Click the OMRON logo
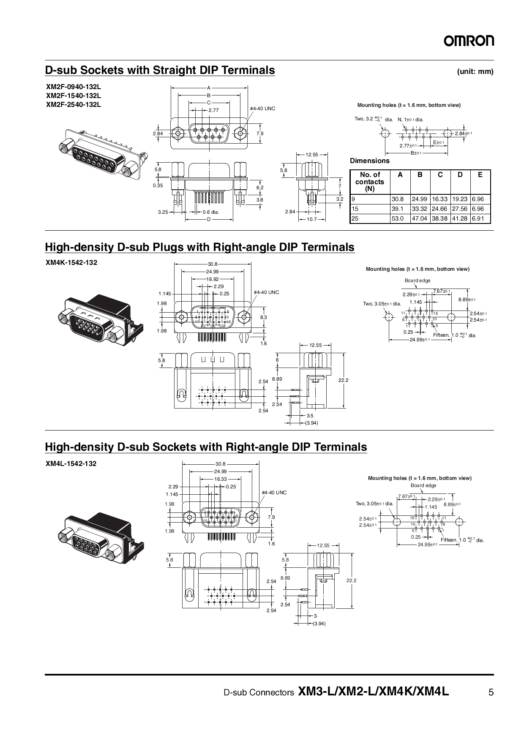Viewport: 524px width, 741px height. pos(469,41)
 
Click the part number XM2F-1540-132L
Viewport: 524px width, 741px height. pos(74,95)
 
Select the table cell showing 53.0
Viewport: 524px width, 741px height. pos(398,219)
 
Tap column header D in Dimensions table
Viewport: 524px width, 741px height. pos(460,174)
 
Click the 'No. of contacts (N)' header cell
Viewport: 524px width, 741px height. pos(370,182)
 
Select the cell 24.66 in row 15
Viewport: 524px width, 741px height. pos(440,209)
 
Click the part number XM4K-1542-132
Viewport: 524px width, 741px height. pos(71,262)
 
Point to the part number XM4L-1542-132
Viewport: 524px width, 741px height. pos(71,463)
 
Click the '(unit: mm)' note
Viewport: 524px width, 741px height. pos(475,71)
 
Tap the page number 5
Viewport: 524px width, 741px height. pos(491,692)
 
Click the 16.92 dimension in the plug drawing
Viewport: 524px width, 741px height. pos(213,279)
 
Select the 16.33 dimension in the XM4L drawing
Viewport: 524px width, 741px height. pos(220,479)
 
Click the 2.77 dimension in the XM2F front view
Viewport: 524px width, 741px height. pos(213,110)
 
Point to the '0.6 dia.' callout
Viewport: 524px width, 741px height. pos(210,212)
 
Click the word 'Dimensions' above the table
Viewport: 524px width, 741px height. pos(369,161)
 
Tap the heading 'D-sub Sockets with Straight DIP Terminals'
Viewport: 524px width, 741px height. pos(160,70)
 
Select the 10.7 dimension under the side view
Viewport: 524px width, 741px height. pos(311,219)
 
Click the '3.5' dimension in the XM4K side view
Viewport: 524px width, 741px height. pos(310,416)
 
